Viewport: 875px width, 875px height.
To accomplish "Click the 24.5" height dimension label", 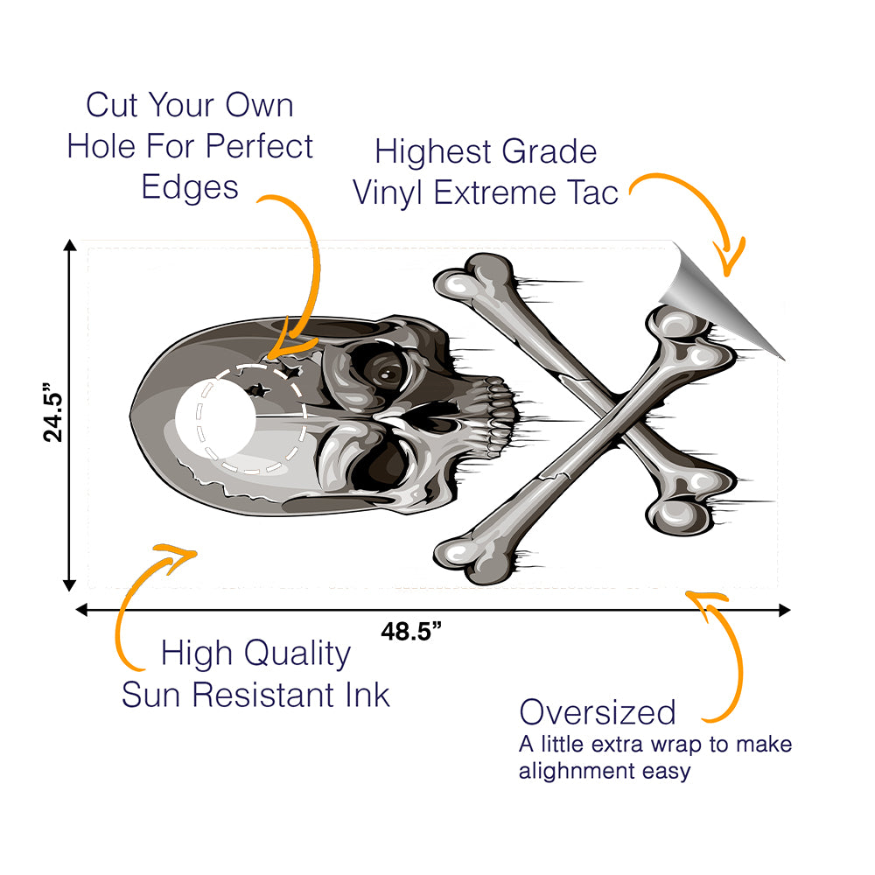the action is tap(53, 412).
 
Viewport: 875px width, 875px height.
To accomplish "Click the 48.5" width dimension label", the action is tap(411, 632).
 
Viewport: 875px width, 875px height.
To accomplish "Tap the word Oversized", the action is tap(598, 712).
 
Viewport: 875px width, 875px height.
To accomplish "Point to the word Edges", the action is tap(190, 189).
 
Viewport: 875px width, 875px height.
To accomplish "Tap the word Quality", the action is tap(297, 654).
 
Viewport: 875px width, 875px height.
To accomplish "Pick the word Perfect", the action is tap(259, 146).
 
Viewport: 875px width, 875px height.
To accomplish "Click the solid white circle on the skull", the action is tap(215, 418).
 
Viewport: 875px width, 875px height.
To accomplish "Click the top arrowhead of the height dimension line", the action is tap(69, 246).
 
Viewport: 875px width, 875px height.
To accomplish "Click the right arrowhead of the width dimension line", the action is tap(784, 610).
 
